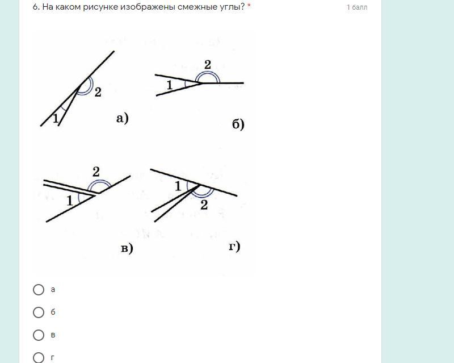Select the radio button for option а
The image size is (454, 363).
tap(39, 290)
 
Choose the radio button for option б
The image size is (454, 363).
tap(39, 312)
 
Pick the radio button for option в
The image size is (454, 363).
tap(39, 335)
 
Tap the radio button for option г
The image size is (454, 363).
tap(39, 358)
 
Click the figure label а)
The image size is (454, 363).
tap(123, 119)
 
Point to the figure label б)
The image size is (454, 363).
tap(238, 124)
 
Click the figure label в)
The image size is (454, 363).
tap(127, 248)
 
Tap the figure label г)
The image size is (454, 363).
tap(234, 247)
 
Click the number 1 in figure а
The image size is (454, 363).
tap(55, 119)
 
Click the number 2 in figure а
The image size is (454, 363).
tap(98, 92)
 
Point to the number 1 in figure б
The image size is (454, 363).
tap(170, 85)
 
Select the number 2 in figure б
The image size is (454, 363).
tap(208, 65)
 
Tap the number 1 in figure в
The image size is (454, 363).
tap(69, 201)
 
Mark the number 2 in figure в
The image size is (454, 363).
tap(96, 172)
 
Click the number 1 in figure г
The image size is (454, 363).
tap(178, 186)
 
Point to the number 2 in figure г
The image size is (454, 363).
tap(204, 205)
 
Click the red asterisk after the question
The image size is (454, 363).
tap(249, 6)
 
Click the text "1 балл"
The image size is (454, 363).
tap(357, 7)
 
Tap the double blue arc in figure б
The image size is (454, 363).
tap(208, 72)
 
